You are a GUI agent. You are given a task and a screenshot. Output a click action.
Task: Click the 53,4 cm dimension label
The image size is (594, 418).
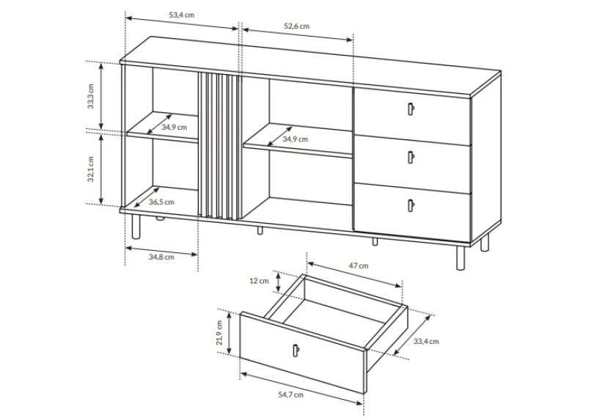pyautogui.click(x=181, y=15)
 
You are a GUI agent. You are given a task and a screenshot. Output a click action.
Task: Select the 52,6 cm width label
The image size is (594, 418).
pyautogui.click(x=296, y=26)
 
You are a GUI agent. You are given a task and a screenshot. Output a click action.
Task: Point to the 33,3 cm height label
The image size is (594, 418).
pyautogui.click(x=90, y=96)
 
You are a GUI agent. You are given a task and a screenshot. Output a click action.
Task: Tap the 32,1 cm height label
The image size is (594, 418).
pyautogui.click(x=90, y=169)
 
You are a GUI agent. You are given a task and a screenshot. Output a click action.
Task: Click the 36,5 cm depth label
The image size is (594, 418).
pyautogui.click(x=161, y=202)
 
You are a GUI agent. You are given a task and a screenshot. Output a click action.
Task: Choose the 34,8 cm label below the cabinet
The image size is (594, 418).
pyautogui.click(x=161, y=257)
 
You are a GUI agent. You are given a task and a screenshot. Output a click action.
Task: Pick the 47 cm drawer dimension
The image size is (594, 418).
pyautogui.click(x=359, y=265)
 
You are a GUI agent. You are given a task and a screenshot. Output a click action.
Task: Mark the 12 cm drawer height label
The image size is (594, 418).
pyautogui.click(x=259, y=281)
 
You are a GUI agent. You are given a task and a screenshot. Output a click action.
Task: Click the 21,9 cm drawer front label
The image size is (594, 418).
pyautogui.click(x=219, y=332)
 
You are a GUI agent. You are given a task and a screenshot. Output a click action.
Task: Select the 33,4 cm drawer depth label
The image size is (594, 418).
pyautogui.click(x=426, y=342)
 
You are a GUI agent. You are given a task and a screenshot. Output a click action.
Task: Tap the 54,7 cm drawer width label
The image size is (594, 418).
pyautogui.click(x=291, y=395)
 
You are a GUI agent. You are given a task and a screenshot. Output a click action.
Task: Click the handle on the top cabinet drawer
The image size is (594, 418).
pyautogui.click(x=411, y=109)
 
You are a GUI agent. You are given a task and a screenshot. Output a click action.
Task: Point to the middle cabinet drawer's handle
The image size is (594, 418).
pyautogui.click(x=411, y=157)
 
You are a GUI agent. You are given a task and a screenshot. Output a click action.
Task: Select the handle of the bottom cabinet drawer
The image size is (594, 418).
pyautogui.click(x=411, y=205)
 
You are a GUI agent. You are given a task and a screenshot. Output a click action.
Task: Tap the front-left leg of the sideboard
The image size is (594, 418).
pyautogui.click(x=136, y=227)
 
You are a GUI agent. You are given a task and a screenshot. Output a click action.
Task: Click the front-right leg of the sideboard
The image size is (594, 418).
pyautogui.click(x=461, y=257)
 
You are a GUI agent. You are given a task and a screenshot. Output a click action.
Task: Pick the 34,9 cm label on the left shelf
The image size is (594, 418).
pyautogui.click(x=175, y=127)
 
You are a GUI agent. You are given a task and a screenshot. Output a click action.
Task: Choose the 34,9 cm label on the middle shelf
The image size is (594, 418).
pyautogui.click(x=295, y=139)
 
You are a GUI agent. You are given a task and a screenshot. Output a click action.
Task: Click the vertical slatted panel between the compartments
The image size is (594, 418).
pyautogui.click(x=219, y=146)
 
